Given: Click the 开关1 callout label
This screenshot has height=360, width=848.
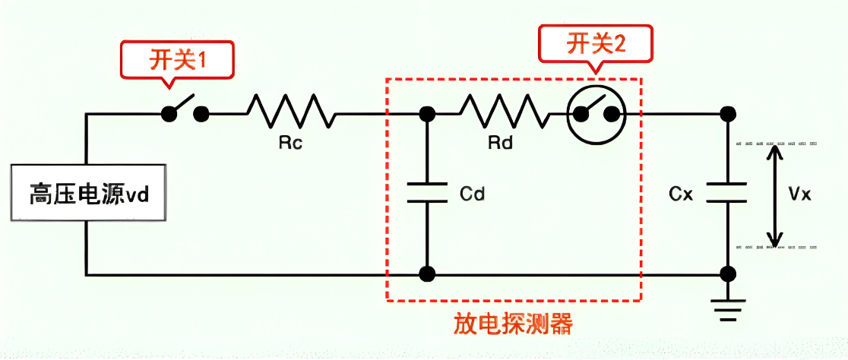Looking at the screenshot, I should [x=176, y=60].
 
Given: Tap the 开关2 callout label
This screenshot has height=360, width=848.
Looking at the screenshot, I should [x=596, y=44].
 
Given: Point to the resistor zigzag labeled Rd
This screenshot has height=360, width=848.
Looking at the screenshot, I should [x=505, y=111].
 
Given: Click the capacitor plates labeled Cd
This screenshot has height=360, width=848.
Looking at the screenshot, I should [x=427, y=193].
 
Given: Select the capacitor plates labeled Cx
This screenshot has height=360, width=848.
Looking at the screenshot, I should [x=727, y=192].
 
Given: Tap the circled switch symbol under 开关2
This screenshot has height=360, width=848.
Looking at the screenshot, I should [x=597, y=114].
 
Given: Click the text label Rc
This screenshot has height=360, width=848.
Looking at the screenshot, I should [x=290, y=143].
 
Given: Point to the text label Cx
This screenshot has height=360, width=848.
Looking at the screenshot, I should [x=682, y=194].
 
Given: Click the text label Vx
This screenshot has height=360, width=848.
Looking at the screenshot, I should [x=800, y=194].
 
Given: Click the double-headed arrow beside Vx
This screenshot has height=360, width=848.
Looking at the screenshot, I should [x=774, y=194].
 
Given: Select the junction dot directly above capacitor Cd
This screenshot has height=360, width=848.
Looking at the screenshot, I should [x=427, y=114].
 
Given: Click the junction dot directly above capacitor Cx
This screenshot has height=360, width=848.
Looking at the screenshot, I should [x=727, y=114].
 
